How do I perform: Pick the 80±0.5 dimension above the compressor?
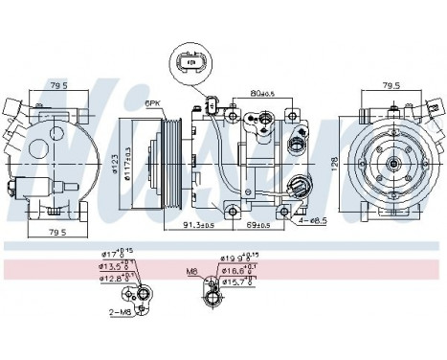click(x=263, y=94)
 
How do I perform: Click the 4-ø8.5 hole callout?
click(x=311, y=220)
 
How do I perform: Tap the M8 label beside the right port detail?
click(x=192, y=271)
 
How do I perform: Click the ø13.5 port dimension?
click(x=115, y=266)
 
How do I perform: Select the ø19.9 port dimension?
click(x=236, y=258)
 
